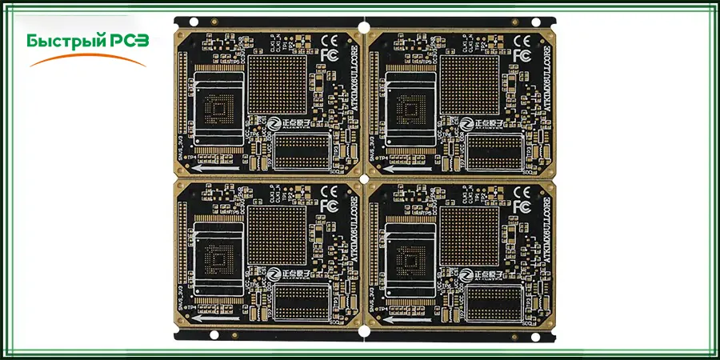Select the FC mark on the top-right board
tap(522, 55)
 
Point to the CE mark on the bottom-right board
tap(522, 192)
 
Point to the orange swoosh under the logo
tap(88, 58)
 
